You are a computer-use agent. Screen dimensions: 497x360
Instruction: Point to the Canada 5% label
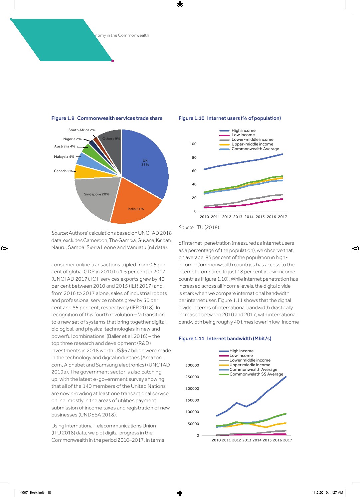(63, 171)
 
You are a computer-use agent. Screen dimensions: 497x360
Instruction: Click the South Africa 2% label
(82, 130)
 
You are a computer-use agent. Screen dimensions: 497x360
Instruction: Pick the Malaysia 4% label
(64, 157)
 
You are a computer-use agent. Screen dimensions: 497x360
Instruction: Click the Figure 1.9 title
(107, 118)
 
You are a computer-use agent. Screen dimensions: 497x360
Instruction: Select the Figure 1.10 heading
(230, 118)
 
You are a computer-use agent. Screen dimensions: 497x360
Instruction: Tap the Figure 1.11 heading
(225, 339)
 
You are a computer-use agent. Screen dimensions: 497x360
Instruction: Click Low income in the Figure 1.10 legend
(243, 135)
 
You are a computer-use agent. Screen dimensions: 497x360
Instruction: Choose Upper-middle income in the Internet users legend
(252, 144)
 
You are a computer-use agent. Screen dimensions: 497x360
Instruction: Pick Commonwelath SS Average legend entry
(256, 374)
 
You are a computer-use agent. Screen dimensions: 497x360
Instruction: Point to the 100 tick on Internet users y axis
(193, 144)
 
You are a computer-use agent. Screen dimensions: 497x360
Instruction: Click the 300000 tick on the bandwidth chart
(192, 365)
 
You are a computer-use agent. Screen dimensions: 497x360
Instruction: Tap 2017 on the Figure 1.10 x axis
(282, 217)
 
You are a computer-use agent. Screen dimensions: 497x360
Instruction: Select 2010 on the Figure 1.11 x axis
(216, 440)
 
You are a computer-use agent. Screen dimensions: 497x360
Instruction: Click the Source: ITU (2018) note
(199, 227)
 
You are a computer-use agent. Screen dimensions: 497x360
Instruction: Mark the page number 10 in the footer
(49, 493)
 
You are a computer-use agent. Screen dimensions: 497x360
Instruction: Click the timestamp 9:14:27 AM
(334, 493)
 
